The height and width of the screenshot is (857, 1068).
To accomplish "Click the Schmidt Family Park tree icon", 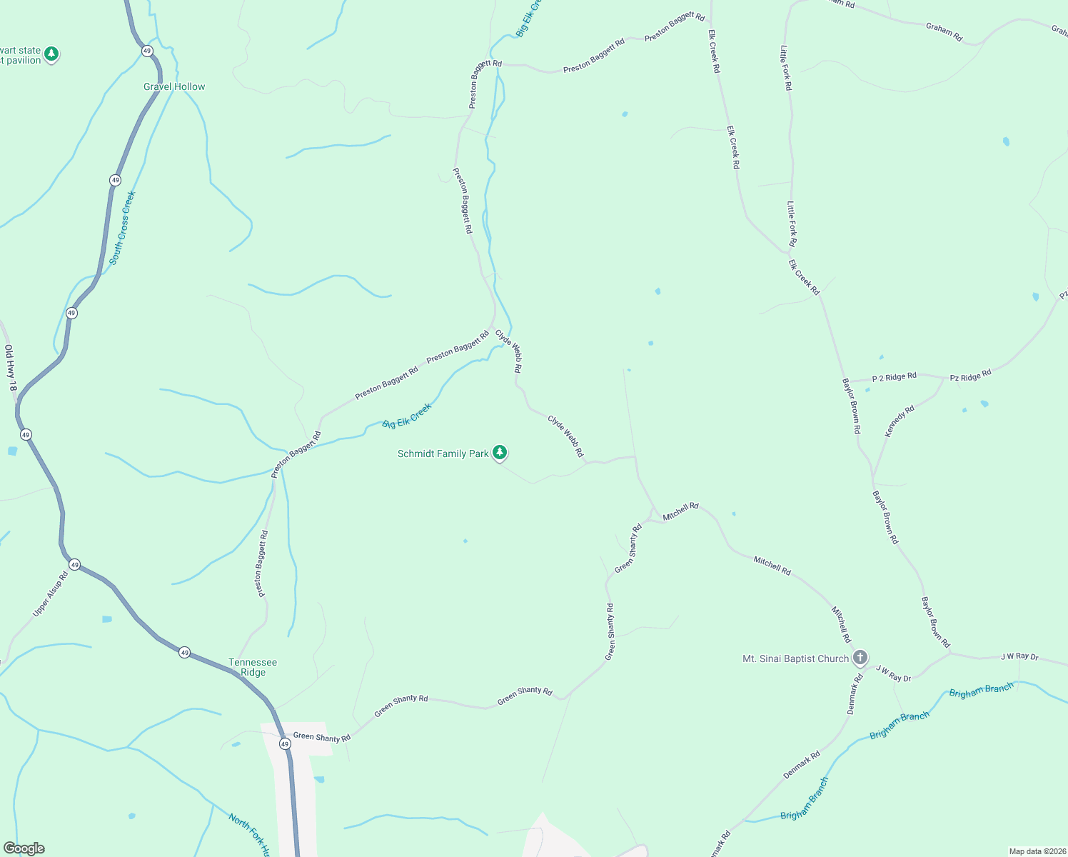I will tap(500, 452).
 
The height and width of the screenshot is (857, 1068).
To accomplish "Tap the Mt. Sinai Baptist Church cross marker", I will tap(860, 657).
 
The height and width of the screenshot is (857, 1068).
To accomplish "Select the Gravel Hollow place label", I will tap(174, 86).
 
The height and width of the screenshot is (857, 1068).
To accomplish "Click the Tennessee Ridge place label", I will tap(253, 667).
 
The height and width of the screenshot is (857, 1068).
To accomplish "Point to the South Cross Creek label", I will tap(122, 228).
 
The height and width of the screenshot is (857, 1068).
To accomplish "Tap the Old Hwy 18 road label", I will tap(11, 368).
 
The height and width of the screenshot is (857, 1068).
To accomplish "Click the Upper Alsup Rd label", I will tap(50, 594).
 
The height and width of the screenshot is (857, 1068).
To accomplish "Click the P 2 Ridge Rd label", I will tap(894, 377).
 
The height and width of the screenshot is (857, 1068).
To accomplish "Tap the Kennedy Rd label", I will tap(900, 421).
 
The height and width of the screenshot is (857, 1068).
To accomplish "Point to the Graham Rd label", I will tap(944, 32).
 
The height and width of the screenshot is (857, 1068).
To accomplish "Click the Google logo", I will tap(24, 848).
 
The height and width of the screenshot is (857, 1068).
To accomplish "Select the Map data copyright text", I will tap(1037, 851).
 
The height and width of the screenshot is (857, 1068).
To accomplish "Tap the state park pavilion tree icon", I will tap(51, 54).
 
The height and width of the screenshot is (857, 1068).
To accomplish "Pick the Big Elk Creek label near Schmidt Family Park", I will tap(407, 416).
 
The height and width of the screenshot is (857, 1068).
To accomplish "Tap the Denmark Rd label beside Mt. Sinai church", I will tap(855, 693).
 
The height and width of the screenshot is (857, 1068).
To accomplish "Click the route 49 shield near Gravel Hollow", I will tap(147, 51).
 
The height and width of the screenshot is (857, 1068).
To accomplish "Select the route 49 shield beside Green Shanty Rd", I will tap(285, 743).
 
